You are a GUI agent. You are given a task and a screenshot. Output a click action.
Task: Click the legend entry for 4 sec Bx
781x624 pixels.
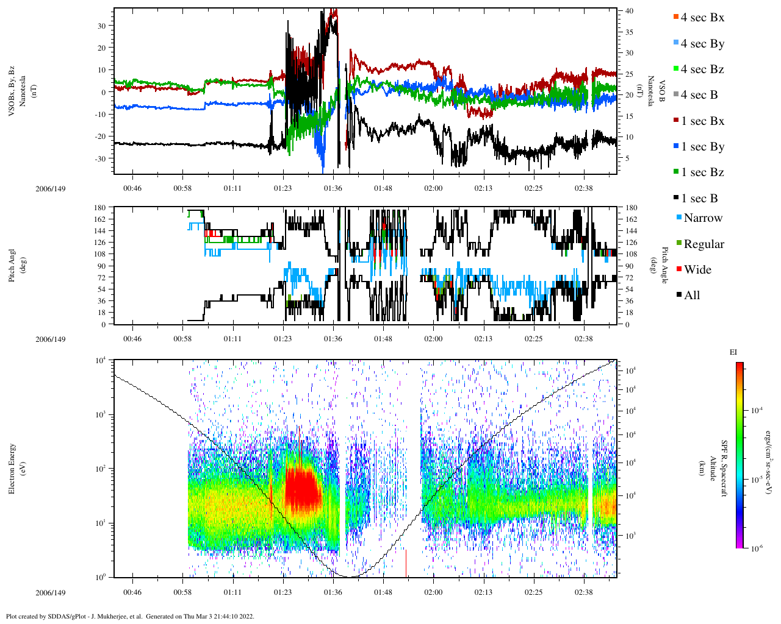702,18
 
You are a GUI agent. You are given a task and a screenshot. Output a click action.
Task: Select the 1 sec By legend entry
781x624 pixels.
702,147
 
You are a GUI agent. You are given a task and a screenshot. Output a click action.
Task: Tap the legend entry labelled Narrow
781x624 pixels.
702,218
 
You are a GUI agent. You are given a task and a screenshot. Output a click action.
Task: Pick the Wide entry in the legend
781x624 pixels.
697,269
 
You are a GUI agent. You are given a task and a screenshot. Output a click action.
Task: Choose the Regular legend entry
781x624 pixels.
703,244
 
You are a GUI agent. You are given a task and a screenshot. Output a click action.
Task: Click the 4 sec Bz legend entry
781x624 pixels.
702,69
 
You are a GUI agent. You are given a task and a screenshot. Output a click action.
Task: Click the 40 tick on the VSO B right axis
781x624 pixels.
628,11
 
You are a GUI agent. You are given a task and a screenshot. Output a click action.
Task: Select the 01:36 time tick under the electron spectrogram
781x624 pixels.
333,592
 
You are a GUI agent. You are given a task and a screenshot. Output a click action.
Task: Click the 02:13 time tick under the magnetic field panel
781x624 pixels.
483,188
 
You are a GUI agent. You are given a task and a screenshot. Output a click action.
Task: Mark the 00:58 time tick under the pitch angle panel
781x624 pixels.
182,339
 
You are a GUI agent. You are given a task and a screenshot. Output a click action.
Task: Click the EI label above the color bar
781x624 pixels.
733,352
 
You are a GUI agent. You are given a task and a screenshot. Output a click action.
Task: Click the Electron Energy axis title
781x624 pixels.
12,468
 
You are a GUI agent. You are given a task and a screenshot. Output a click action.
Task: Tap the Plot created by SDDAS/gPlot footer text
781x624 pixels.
130,616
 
